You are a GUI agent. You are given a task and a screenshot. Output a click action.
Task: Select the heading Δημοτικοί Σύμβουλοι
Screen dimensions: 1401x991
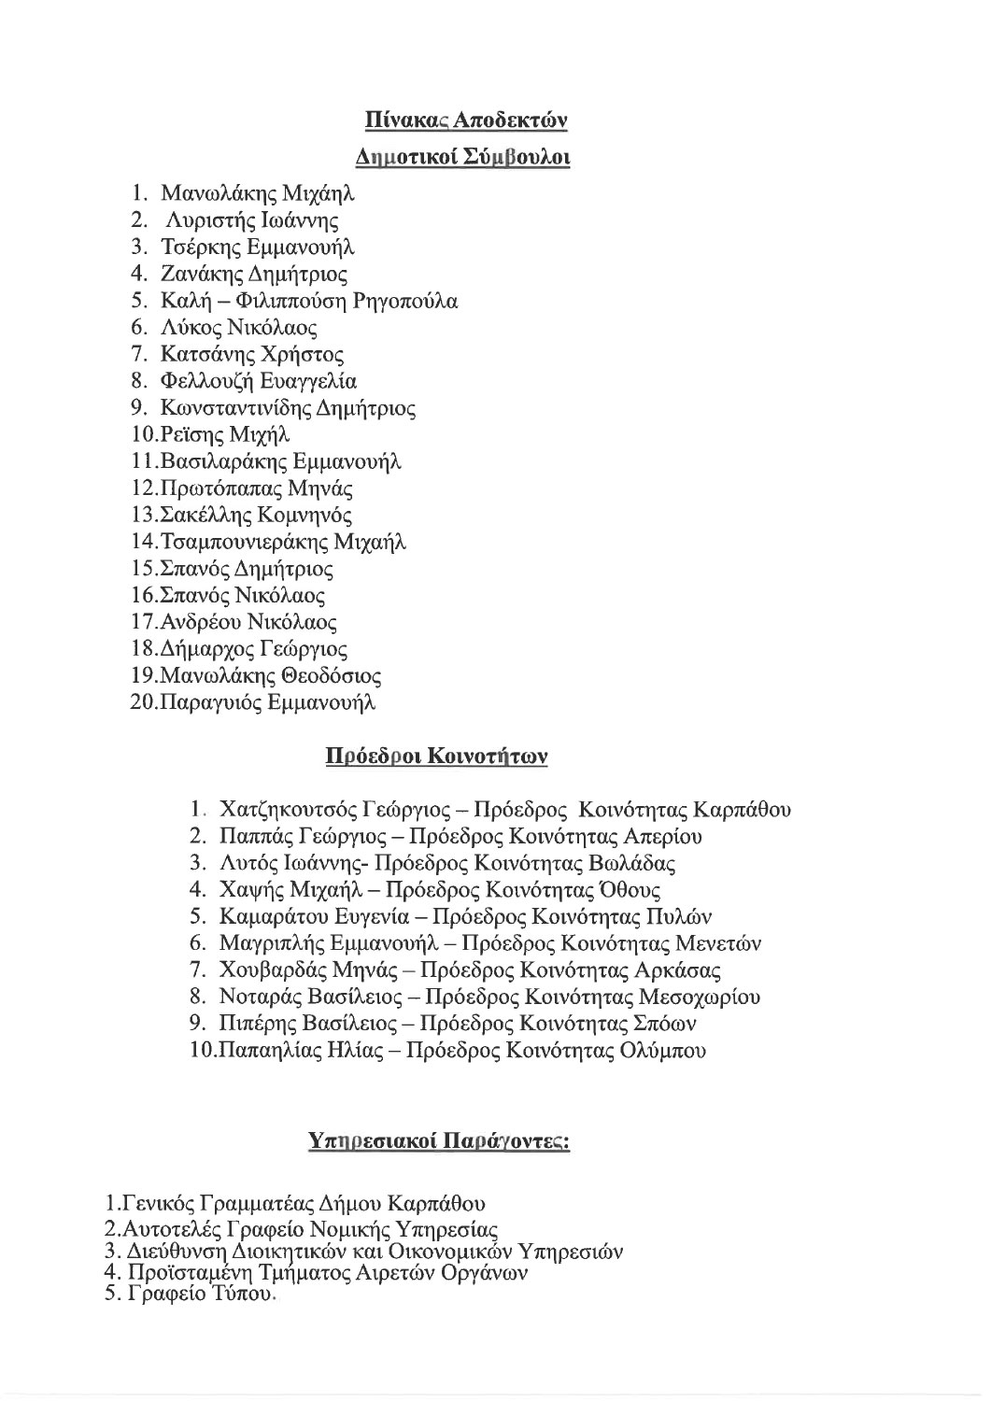464,157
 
